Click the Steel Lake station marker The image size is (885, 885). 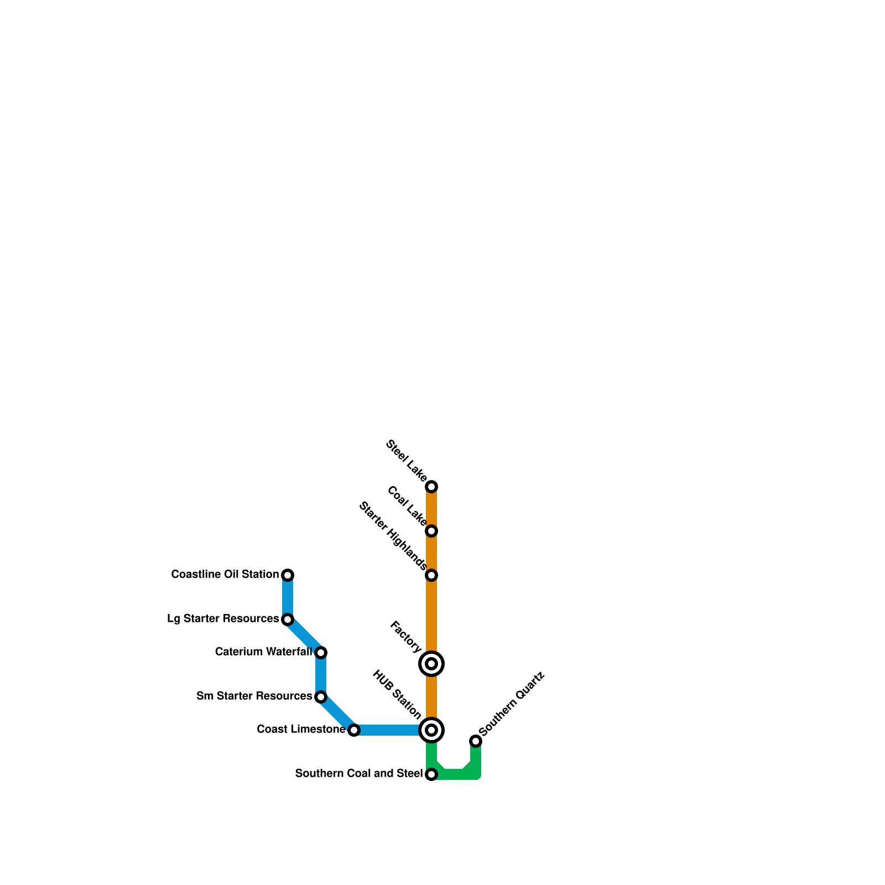pyautogui.click(x=431, y=487)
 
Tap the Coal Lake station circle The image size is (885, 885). pyautogui.click(x=431, y=531)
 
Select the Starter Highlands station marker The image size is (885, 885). pyautogui.click(x=431, y=575)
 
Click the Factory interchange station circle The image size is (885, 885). pyautogui.click(x=431, y=664)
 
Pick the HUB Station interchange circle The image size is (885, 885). pyautogui.click(x=431, y=730)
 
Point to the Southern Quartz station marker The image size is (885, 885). pyautogui.click(x=476, y=741)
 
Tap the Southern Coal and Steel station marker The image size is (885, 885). pyautogui.click(x=431, y=774)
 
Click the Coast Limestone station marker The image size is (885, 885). pyautogui.click(x=354, y=730)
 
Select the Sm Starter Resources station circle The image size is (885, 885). pyautogui.click(x=321, y=697)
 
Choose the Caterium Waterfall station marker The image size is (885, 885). pyautogui.click(x=321, y=653)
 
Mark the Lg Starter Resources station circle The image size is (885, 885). pyautogui.click(x=288, y=619)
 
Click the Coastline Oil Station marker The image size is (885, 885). pyautogui.click(x=288, y=575)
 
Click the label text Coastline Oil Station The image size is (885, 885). pyautogui.click(x=225, y=575)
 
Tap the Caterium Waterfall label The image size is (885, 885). pyautogui.click(x=263, y=652)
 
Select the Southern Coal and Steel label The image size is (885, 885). pyautogui.click(x=358, y=774)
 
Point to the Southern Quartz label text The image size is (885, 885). pyautogui.click(x=512, y=704)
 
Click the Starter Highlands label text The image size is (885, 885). pyautogui.click(x=393, y=535)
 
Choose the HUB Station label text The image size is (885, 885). pyautogui.click(x=397, y=695)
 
